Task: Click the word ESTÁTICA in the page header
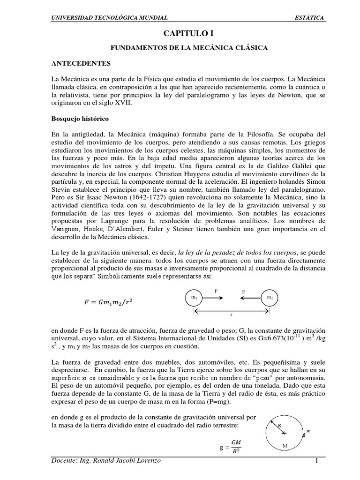tap(308, 18)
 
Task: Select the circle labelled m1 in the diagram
tap(193, 298)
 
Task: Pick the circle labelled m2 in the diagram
tap(270, 298)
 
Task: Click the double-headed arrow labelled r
tap(232, 310)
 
